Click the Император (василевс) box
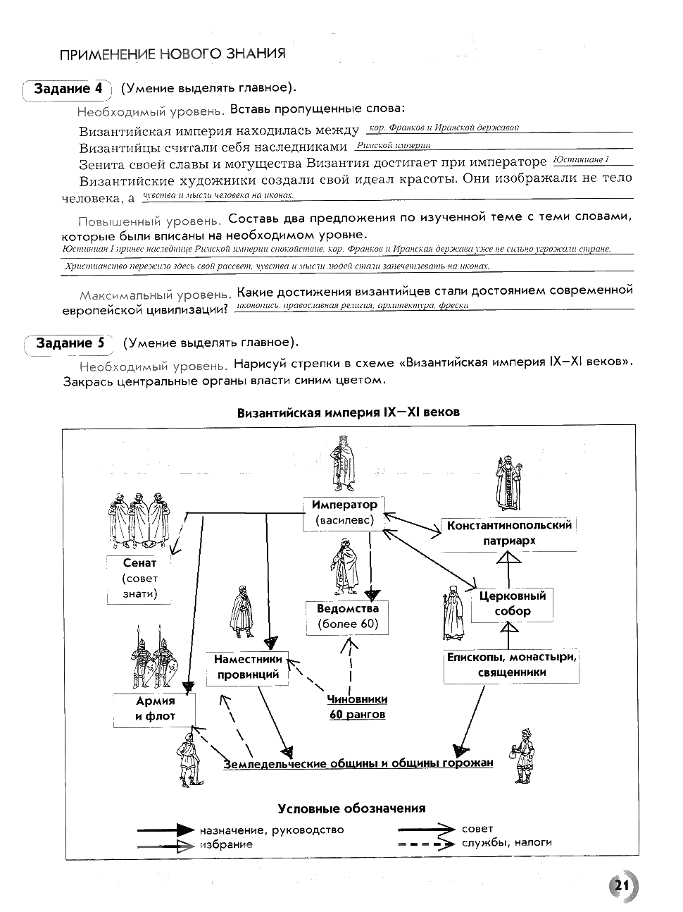click(344, 513)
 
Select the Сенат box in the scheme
click(139, 578)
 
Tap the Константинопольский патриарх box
click(509, 533)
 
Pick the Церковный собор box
click(512, 603)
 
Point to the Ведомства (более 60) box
click(348, 616)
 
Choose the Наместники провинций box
click(248, 667)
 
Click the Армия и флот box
click(155, 709)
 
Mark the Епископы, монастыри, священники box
click(512, 665)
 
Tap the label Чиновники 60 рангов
click(357, 707)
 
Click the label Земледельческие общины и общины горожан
click(358, 763)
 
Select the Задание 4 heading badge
click(68, 89)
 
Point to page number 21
click(620, 886)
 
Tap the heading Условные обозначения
click(351, 808)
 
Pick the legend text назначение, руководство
click(271, 830)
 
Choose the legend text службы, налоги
click(507, 842)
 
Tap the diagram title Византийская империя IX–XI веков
click(349, 412)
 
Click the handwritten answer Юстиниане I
click(581, 160)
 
